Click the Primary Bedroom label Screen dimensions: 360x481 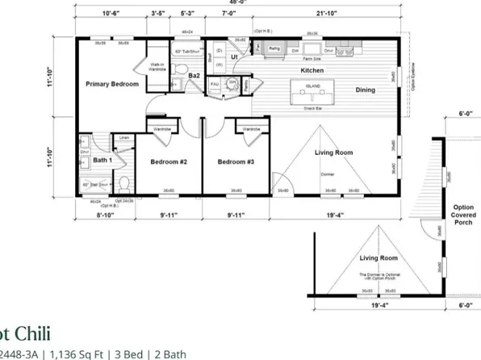point(113,84)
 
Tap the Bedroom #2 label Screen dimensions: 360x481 point(169,161)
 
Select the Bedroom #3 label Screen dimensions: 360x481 point(236,161)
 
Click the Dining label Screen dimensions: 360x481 point(370,90)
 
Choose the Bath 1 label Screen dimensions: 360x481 point(102,161)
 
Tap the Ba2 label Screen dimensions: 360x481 point(194,75)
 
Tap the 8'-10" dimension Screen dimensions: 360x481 point(106,216)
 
